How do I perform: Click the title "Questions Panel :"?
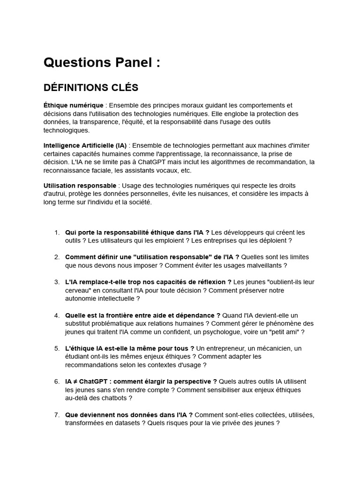point(102,63)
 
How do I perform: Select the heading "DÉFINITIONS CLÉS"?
point(90,88)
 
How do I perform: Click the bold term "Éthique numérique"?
point(73,105)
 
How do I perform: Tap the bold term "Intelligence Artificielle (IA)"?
point(85,145)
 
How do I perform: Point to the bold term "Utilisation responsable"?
point(80,186)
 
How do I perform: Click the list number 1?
point(57,232)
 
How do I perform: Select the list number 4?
point(57,315)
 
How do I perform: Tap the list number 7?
point(57,415)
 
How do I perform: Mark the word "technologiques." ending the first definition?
point(66,130)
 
